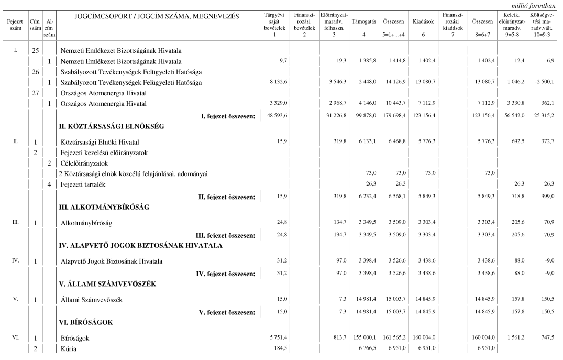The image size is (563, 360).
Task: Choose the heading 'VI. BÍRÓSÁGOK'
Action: tap(85, 322)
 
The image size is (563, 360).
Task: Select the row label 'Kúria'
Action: tap(69, 349)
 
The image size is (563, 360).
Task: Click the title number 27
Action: tap(35, 92)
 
